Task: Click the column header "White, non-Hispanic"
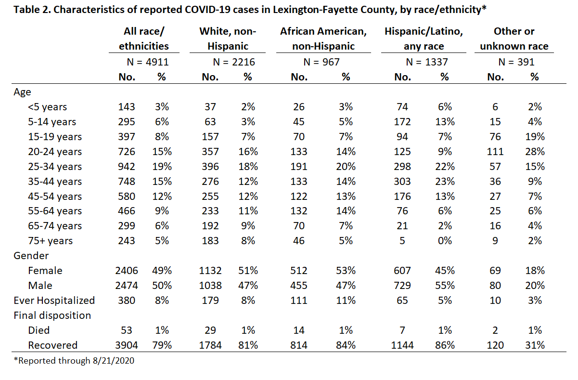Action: click(228, 39)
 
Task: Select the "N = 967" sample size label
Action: click(321, 62)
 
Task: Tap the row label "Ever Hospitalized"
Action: click(54, 301)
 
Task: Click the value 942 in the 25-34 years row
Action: click(127, 167)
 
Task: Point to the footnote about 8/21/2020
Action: click(74, 361)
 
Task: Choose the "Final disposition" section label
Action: click(52, 315)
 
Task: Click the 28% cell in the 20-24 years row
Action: click(535, 152)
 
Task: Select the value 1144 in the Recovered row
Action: click(402, 345)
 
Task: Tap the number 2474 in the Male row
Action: click(127, 286)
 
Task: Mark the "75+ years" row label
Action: click(51, 241)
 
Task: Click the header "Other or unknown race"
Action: click(514, 39)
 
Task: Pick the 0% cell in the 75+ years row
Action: click(445, 241)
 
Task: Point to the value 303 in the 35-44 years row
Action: click(402, 182)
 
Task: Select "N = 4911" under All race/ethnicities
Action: click(148, 62)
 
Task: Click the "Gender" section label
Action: click(31, 256)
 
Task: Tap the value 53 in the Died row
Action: click(127, 330)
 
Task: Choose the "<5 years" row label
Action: click(48, 107)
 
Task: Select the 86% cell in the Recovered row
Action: click(445, 345)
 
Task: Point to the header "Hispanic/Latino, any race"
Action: click(424, 39)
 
